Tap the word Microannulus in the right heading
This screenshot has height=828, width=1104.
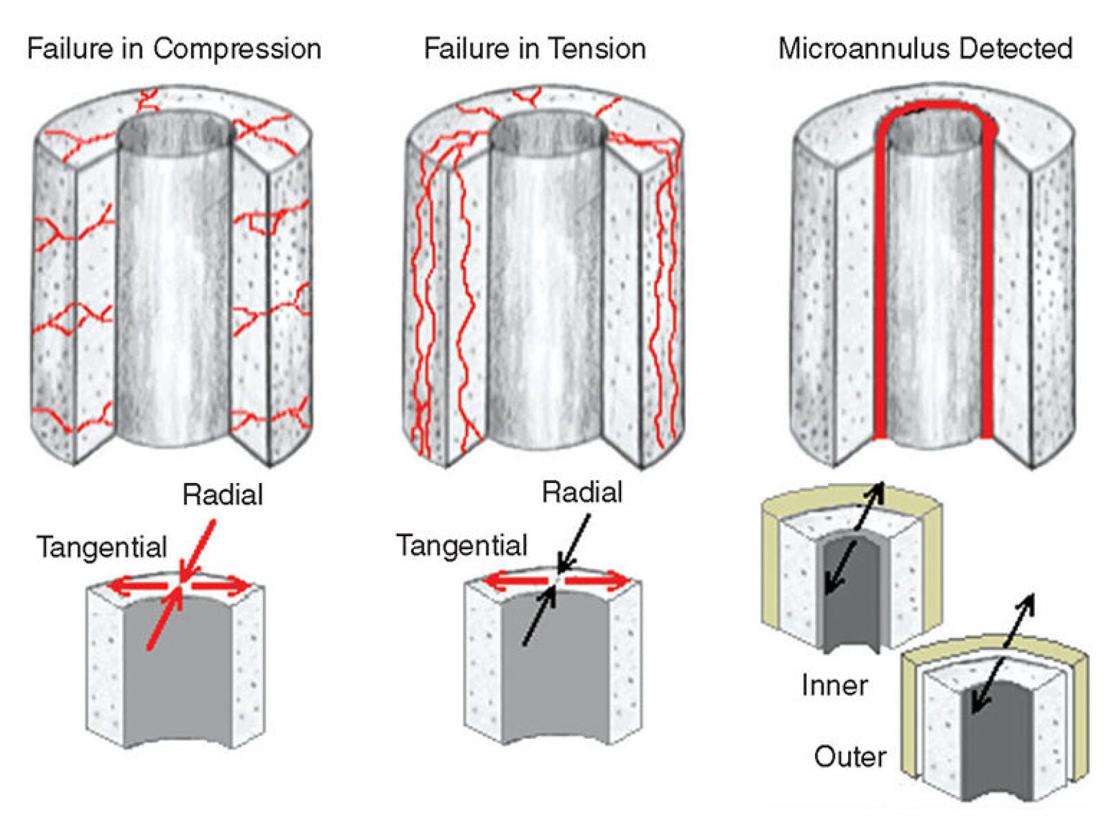[x=862, y=49]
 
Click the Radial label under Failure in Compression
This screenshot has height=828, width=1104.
[x=222, y=494]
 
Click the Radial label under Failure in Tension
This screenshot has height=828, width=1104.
[x=582, y=492]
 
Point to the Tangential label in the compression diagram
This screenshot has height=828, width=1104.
[x=101, y=547]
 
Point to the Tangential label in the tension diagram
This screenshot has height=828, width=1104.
[x=461, y=545]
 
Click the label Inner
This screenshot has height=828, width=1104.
[x=834, y=685]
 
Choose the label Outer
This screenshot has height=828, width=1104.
[x=849, y=757]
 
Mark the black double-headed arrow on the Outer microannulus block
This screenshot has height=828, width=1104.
[x=1003, y=652]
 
